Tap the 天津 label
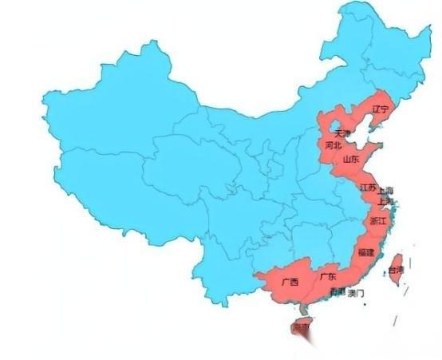[341, 133]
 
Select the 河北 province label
[333, 146]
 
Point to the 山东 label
[351, 160]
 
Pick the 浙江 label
[377, 220]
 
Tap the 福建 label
[365, 252]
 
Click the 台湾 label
[396, 271]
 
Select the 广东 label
[327, 277]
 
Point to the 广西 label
[289, 282]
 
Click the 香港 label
[337, 293]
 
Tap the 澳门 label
[356, 294]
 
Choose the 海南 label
[300, 327]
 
